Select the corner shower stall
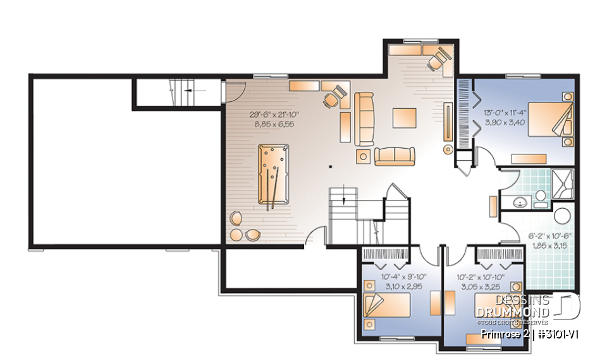click(x=562, y=183)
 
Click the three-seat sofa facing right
click(x=364, y=118)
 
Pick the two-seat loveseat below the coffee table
click(x=395, y=155)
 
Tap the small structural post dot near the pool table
click(x=330, y=167)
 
